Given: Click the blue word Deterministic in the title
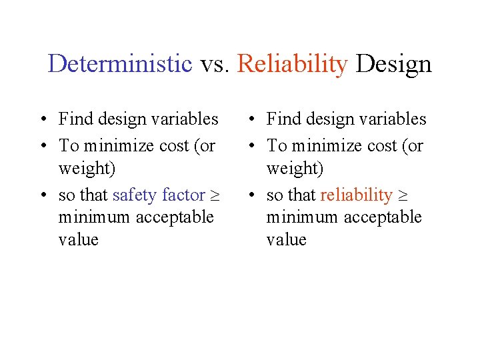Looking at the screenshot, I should pos(120,64).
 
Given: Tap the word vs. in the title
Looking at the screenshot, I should pos(215,64).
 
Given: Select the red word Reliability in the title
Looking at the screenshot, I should pos(292,64).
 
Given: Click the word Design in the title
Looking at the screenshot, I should pos(393,64).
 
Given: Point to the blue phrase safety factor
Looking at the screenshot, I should pos(159,195).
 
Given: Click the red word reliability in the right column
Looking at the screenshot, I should pos(356,195).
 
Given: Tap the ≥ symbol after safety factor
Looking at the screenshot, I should pos(215,196).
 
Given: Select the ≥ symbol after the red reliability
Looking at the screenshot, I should pos(403,196).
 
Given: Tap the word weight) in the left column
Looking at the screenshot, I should pos(87,169).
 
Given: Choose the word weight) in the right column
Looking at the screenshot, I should pos(295,169).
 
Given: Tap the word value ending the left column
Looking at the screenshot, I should pos(78,240).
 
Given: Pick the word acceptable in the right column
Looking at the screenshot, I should pos(387,217).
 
